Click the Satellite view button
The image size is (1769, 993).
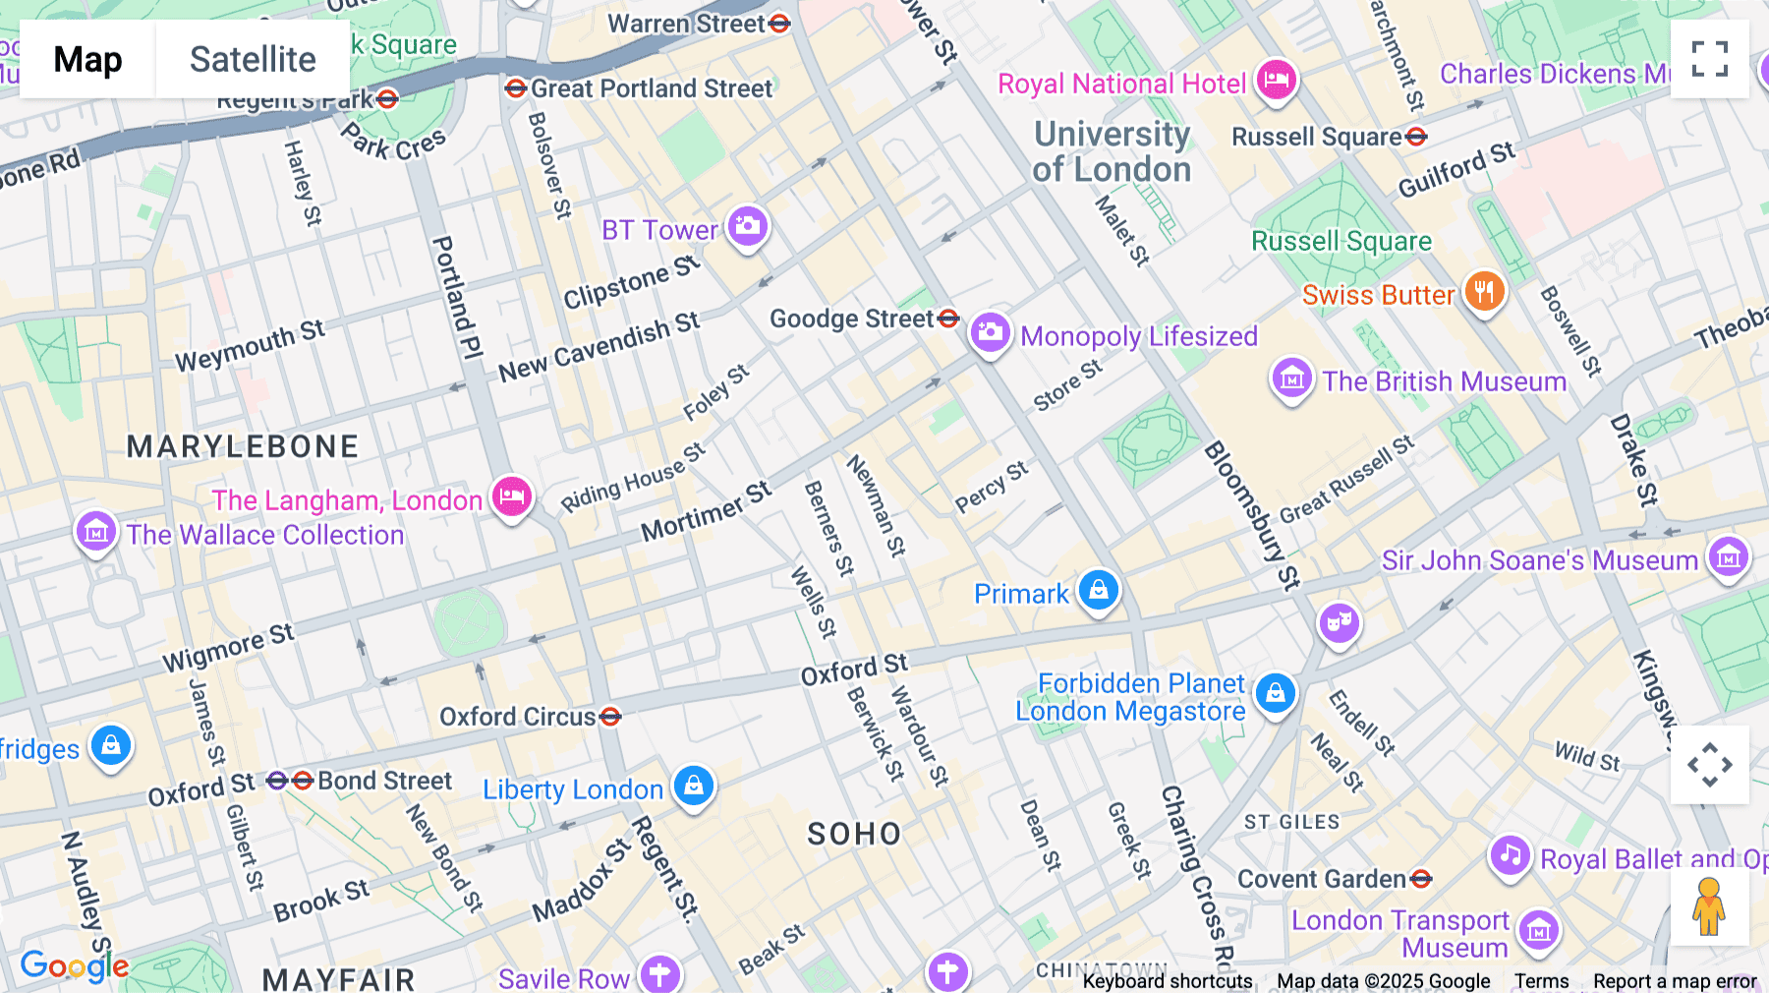point(253,59)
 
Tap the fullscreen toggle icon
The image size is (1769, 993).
point(1709,59)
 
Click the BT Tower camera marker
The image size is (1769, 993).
point(747,226)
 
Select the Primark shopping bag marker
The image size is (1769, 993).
point(1098,590)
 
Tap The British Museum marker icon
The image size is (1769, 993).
point(1291,379)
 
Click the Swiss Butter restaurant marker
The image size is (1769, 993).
point(1484,292)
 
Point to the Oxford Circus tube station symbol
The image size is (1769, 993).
point(610,716)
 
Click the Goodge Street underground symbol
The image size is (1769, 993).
point(948,318)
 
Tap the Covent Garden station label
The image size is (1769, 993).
point(1322,878)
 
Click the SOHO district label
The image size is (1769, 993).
point(853,834)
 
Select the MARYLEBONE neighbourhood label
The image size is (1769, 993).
point(243,446)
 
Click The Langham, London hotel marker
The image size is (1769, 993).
point(511,496)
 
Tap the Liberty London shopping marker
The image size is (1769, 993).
point(694,786)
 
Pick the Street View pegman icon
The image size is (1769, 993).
point(1708,906)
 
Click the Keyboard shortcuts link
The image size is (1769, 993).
point(1167,980)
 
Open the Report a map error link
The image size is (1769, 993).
point(1674,980)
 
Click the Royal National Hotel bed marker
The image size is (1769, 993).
point(1276,79)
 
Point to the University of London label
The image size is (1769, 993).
point(1112,151)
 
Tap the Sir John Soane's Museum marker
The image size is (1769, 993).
point(1728,557)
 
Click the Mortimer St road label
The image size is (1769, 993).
point(706,512)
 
